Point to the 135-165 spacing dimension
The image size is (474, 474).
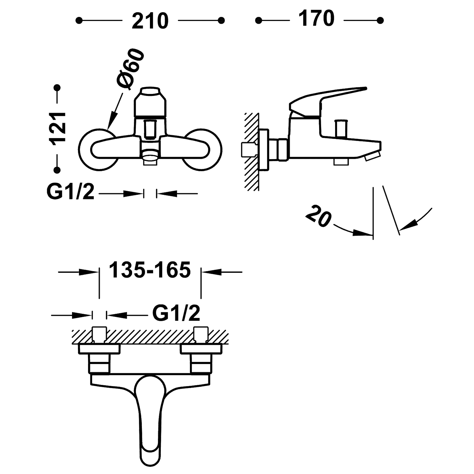point(150,270)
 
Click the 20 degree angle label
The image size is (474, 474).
point(318,216)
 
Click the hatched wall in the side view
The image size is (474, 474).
point(251,151)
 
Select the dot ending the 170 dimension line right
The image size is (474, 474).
point(380,20)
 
